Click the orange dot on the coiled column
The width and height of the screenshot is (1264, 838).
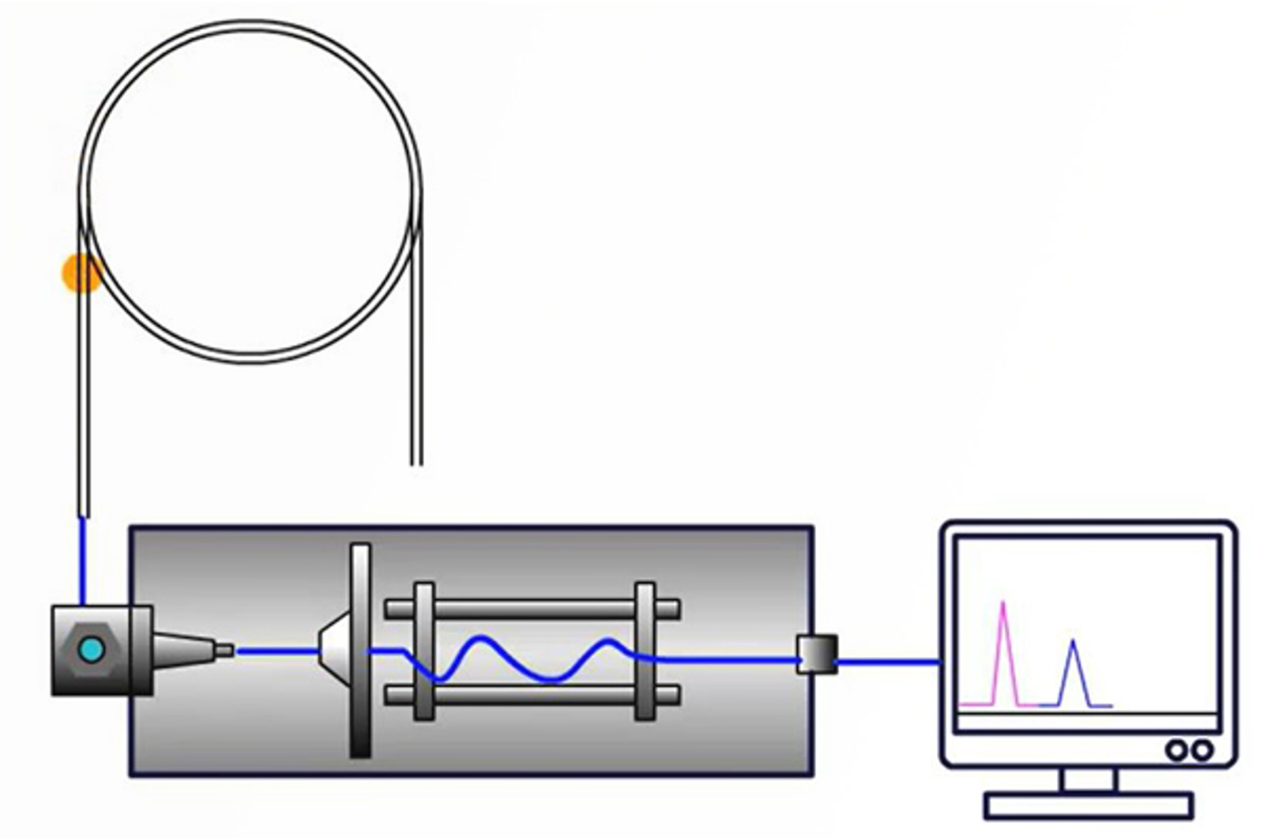(x=81, y=274)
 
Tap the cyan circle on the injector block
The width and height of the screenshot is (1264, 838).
(x=92, y=650)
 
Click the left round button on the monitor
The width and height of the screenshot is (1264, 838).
(x=1176, y=749)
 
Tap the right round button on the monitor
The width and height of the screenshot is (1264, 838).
(x=1202, y=749)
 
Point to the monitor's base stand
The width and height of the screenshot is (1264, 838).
(x=1089, y=806)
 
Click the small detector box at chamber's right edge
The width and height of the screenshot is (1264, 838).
(x=817, y=654)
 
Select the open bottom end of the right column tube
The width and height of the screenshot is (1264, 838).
(x=416, y=459)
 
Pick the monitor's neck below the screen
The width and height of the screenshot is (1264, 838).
(x=1089, y=779)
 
